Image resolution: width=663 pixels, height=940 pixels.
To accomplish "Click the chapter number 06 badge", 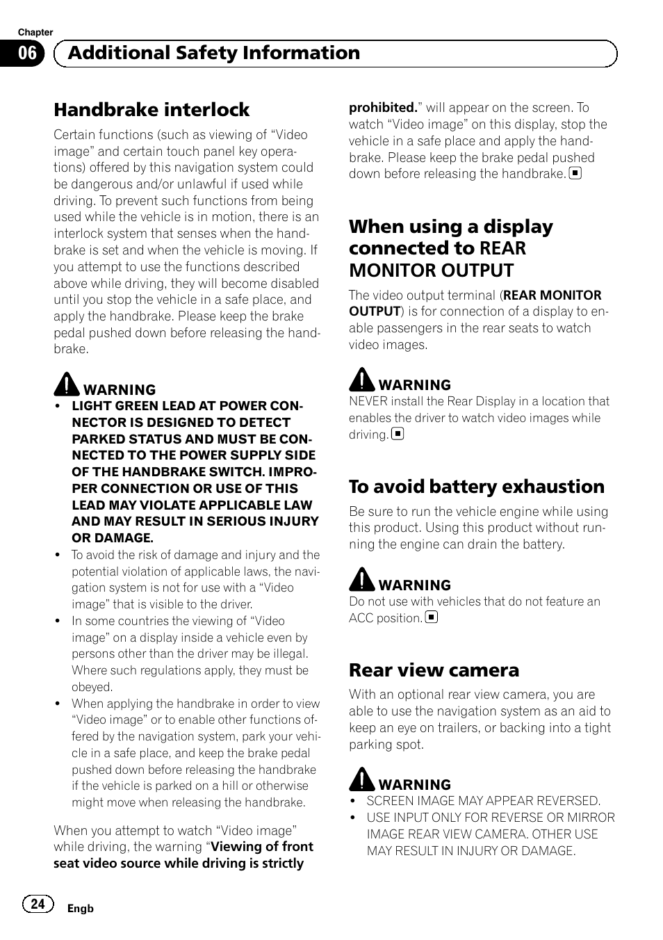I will pos(27,54).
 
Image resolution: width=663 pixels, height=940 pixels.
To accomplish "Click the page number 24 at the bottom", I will pos(38,903).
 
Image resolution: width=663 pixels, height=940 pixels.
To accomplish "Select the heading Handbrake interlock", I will pos(152,110).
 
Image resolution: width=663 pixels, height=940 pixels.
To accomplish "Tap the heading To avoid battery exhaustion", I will pos(477,487).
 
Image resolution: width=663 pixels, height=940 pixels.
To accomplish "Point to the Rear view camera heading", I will pos(434,670).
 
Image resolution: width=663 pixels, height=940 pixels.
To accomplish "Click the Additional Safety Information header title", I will pos(214,54).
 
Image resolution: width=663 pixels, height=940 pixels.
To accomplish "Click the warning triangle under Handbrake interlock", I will pos(67,384).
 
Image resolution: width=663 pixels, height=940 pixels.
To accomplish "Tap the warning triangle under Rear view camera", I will pos(361,779).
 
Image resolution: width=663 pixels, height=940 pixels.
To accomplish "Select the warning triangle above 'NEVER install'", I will pos(361,380).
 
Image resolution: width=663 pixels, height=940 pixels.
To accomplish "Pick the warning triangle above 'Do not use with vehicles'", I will pos(361,580).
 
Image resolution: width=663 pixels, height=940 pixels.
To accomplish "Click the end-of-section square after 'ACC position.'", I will pos(432,617).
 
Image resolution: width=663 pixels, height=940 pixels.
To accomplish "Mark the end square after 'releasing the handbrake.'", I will pos(575,174).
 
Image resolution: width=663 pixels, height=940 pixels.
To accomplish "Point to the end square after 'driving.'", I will pos(398,434).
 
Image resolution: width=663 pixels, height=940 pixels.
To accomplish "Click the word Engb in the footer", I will pos(80,909).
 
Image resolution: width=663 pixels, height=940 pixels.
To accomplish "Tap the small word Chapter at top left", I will pos(35,32).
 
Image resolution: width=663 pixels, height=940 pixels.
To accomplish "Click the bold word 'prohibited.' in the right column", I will pos(383,108).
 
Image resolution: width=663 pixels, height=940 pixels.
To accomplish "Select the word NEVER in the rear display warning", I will pos(368,401).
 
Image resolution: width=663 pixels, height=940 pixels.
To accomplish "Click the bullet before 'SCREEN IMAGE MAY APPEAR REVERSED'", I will pos(353,802).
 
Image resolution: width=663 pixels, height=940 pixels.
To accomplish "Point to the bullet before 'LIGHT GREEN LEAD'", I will pos(58,407).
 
